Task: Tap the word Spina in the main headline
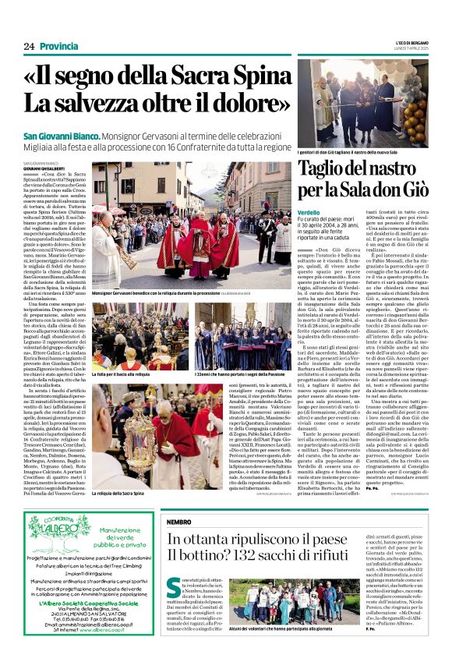click(254, 79)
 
